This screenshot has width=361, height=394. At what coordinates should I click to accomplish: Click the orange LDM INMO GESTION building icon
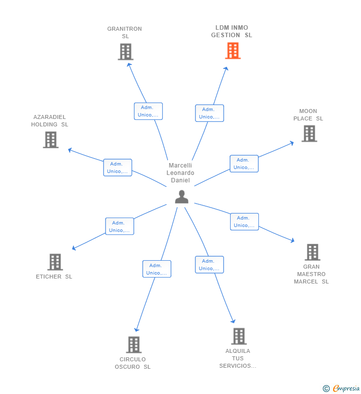(x=233, y=51)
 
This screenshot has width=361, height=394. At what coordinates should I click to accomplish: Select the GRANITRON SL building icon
(x=125, y=52)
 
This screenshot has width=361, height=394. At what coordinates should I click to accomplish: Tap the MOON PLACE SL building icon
(x=309, y=133)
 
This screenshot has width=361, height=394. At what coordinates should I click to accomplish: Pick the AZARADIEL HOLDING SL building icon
(x=51, y=140)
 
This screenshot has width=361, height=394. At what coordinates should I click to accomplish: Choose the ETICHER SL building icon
(x=55, y=262)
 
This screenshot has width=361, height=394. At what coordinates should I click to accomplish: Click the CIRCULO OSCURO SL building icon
(x=133, y=344)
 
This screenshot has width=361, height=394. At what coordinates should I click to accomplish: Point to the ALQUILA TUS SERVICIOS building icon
(x=239, y=336)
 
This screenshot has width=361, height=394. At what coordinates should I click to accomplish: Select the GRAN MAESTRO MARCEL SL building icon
(x=312, y=252)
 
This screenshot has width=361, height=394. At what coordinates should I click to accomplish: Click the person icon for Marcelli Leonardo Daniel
(x=181, y=197)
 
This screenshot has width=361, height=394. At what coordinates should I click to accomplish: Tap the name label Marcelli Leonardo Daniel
(x=180, y=173)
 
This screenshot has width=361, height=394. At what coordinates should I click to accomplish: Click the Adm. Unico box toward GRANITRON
(x=148, y=111)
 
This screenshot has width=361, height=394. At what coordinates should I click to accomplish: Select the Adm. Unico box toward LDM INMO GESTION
(x=209, y=113)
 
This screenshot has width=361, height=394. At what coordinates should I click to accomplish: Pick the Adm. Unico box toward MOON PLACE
(x=243, y=164)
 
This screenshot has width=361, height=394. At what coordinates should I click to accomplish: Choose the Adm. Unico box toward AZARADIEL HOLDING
(x=118, y=168)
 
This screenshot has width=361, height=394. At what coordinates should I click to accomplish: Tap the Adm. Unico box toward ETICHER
(x=120, y=226)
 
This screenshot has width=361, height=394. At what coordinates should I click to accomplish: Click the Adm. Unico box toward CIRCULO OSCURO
(x=157, y=269)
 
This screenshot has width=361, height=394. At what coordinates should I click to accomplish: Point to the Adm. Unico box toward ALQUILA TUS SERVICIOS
(x=209, y=265)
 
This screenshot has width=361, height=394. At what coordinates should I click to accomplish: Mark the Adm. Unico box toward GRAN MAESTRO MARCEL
(x=244, y=222)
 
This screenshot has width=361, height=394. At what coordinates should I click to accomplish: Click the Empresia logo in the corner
(x=341, y=388)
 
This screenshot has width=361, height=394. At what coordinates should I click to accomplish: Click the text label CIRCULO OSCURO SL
(x=132, y=363)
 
